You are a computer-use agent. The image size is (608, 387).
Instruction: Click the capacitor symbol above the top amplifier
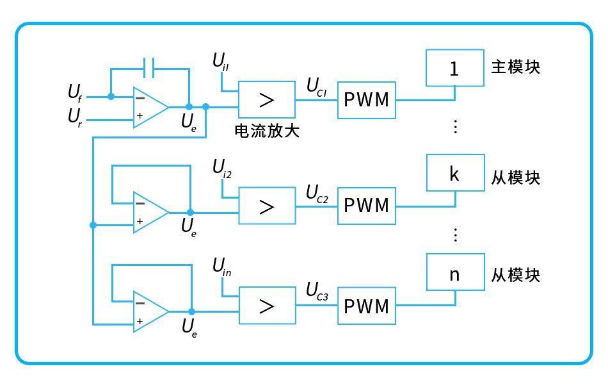coord(149,68)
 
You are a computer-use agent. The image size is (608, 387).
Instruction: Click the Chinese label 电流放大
coord(267,131)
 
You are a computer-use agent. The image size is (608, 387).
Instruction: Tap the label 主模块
coord(515,67)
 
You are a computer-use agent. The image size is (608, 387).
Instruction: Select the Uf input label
coord(75,94)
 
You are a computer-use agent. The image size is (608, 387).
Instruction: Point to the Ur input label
coord(75,117)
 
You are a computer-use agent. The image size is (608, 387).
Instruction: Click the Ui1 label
coord(221,62)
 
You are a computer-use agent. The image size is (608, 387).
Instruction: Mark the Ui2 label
coord(222,169)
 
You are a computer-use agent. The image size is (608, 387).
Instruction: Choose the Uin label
coord(222,267)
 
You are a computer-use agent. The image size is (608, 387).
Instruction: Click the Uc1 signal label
coord(316,87)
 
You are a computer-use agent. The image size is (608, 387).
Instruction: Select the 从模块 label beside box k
coord(515,177)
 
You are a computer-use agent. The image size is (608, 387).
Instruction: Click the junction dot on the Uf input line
coord(111,96)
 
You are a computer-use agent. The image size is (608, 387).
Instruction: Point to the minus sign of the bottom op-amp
coord(140,303)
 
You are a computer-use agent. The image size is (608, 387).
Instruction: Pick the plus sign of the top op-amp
coord(140,116)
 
